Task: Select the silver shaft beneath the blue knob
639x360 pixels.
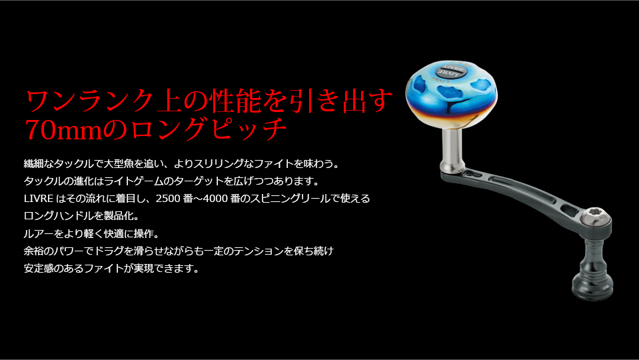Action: tap(452, 147)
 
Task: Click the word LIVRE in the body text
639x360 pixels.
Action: tap(39, 199)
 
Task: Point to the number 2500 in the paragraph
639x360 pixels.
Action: tap(169, 199)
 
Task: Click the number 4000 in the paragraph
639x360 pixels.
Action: tap(215, 199)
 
